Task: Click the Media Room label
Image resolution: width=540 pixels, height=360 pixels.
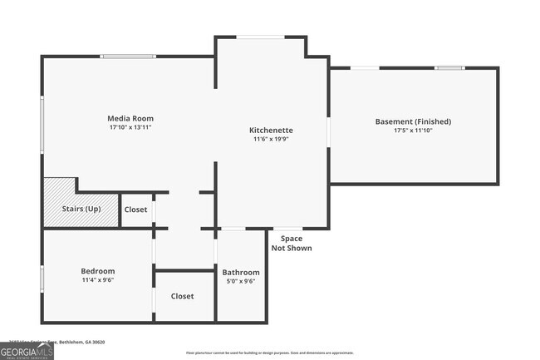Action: (130, 118)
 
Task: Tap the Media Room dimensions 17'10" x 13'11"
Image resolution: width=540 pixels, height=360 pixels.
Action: (130, 128)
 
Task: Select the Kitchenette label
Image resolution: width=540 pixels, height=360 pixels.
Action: (272, 131)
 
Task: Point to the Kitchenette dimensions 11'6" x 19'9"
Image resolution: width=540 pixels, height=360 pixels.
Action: (272, 140)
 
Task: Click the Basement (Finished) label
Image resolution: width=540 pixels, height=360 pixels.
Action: (413, 121)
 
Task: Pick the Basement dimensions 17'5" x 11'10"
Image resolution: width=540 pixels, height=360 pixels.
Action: (413, 131)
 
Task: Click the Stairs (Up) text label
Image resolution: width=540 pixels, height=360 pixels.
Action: (81, 209)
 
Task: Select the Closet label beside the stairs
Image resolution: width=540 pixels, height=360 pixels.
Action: (136, 210)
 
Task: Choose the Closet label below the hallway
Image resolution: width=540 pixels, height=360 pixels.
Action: (183, 296)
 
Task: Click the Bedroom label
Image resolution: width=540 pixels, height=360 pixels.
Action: (97, 271)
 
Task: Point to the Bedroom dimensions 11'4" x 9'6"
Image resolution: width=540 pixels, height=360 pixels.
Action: (97, 281)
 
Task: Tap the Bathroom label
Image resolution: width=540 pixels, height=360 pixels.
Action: (241, 272)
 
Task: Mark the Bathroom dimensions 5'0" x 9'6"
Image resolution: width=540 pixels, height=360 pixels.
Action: (241, 282)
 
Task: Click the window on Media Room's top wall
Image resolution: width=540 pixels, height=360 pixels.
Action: (127, 57)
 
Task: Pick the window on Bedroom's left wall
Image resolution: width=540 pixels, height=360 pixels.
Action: (43, 278)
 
